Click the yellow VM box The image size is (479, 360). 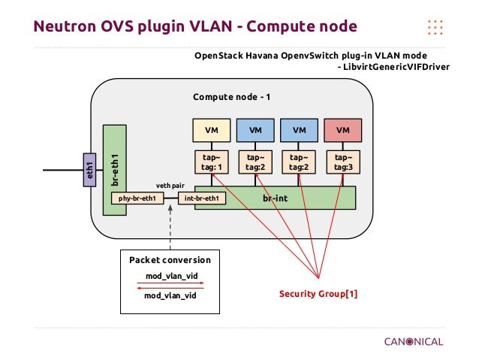point(212,130)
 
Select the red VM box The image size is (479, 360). point(343,130)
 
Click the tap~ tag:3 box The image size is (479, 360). point(343,162)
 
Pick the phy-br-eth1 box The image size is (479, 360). point(137,198)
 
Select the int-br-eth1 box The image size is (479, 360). point(201,198)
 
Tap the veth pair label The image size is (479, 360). point(170,184)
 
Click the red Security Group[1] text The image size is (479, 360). point(318,293)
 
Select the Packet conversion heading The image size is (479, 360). point(170,259)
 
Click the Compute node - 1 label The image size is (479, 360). point(231,98)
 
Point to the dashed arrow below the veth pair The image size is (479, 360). point(170,225)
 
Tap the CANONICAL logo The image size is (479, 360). point(414,341)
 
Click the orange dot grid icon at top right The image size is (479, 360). point(435,27)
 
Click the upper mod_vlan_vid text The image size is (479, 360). point(170,276)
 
